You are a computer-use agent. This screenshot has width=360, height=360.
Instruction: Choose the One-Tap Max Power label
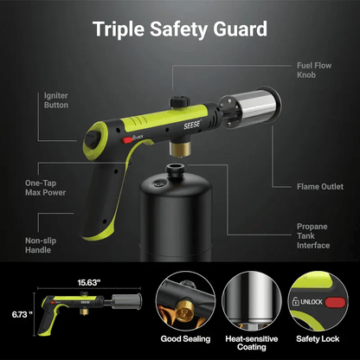(x=46, y=188)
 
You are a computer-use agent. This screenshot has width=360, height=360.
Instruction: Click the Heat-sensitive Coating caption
(x=246, y=342)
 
